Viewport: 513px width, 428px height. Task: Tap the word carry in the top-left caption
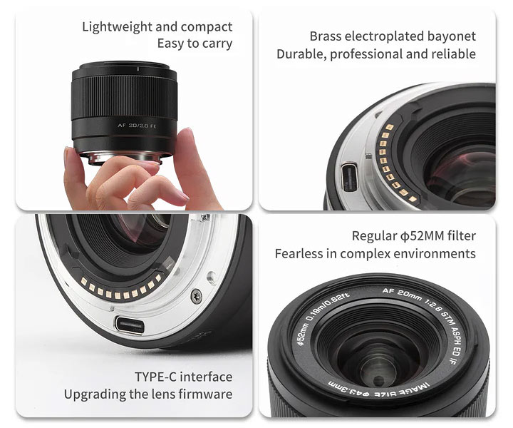(217, 44)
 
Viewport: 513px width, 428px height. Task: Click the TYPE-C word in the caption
(155, 377)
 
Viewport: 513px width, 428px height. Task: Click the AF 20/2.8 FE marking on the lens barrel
(137, 126)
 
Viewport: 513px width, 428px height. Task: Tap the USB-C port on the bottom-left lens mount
(129, 325)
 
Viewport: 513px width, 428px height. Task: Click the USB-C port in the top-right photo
(348, 176)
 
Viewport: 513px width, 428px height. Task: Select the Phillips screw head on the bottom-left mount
(197, 296)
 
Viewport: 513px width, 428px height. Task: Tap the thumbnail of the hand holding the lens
(134, 111)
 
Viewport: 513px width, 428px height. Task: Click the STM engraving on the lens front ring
(446, 317)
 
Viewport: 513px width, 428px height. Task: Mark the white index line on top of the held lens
(138, 68)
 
